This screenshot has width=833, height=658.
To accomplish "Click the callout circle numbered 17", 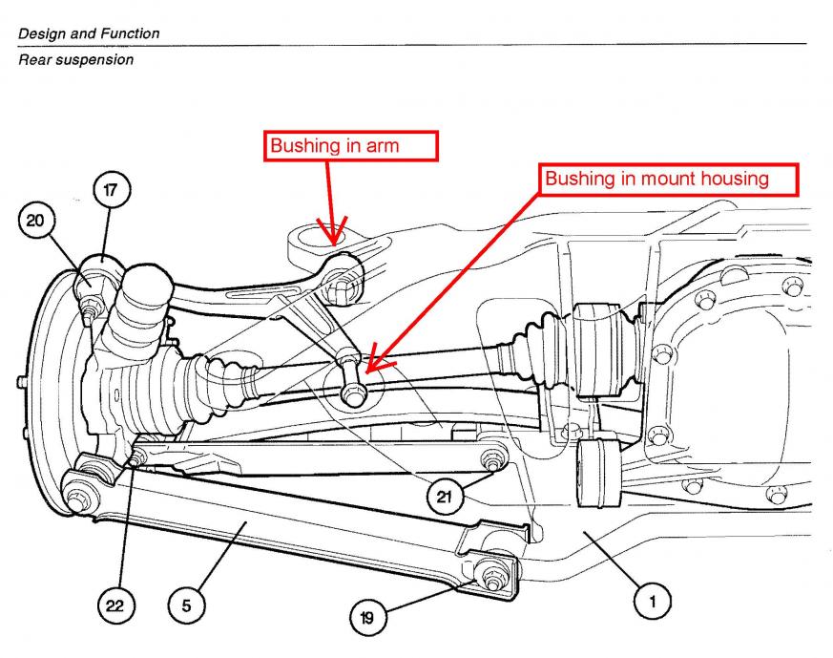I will click(111, 191).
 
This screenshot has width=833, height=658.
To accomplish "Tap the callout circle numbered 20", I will click(35, 222).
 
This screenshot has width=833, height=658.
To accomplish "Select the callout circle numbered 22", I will click(116, 605).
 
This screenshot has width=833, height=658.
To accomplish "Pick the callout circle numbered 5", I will click(186, 605).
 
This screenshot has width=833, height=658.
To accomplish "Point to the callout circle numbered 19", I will click(366, 618).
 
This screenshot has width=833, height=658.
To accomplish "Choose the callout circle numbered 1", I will click(653, 602).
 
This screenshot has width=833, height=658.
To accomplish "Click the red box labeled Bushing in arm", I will click(350, 145).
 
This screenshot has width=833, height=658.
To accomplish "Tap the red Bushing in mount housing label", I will click(656, 179).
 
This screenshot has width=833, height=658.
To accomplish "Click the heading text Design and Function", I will click(89, 33).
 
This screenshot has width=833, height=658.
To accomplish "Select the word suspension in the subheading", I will click(97, 59).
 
